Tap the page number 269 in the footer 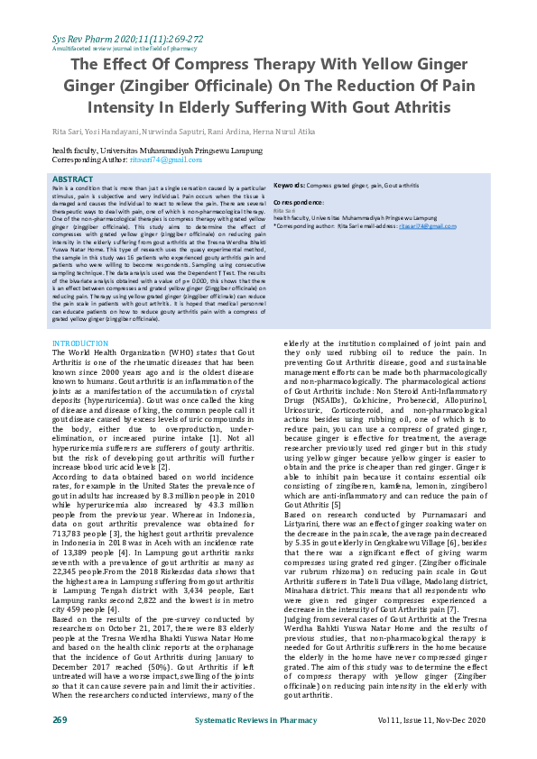click(x=60, y=719)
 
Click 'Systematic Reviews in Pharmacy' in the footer click(x=257, y=719)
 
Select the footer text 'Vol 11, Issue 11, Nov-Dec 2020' click(x=431, y=719)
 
